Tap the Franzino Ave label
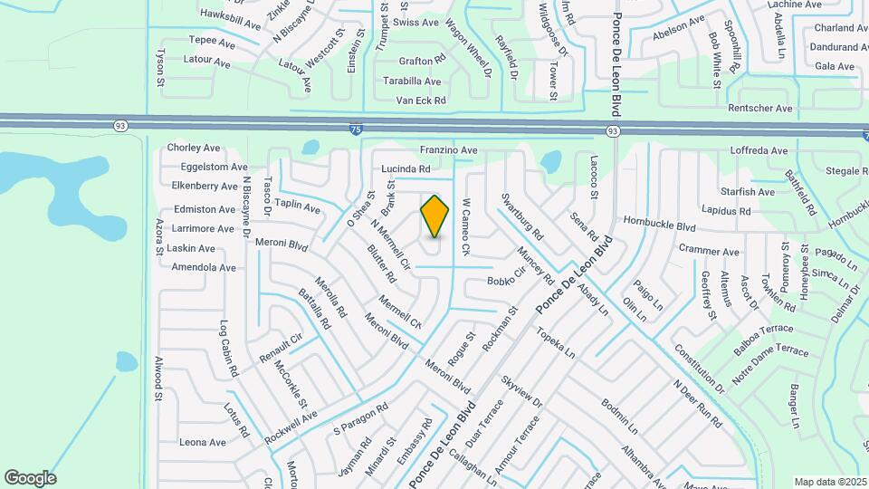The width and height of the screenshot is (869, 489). (448, 149)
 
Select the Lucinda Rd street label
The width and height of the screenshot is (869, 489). (405, 168)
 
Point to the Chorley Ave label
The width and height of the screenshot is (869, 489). (194, 148)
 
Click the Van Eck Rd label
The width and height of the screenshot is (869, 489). (415, 101)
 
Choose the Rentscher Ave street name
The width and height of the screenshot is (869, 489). (760, 109)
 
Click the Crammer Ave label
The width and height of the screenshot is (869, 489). (709, 251)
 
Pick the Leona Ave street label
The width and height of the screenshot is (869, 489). (202, 442)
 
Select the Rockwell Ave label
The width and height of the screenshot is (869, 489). (291, 427)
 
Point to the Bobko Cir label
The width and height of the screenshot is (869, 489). (506, 277)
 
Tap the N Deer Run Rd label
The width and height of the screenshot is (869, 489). (697, 403)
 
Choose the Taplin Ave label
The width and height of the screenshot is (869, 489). (297, 206)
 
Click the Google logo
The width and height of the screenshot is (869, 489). (30, 478)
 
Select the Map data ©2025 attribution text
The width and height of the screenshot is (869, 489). (830, 482)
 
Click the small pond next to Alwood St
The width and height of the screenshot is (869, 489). (127, 362)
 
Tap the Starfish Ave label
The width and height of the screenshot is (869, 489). (748, 192)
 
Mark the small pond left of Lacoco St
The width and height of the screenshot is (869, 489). (550, 162)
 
